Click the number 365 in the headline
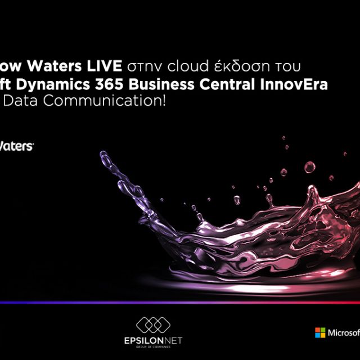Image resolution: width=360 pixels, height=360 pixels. coord(120,85)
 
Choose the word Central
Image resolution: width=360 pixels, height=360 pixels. coord(233,85)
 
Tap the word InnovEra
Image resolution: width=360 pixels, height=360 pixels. coord(295,85)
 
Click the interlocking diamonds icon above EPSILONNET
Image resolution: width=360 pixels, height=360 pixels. coord(152,325)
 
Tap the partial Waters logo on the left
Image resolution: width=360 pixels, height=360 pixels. coord(16,146)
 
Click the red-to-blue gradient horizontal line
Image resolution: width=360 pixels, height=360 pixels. coord(180,303)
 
